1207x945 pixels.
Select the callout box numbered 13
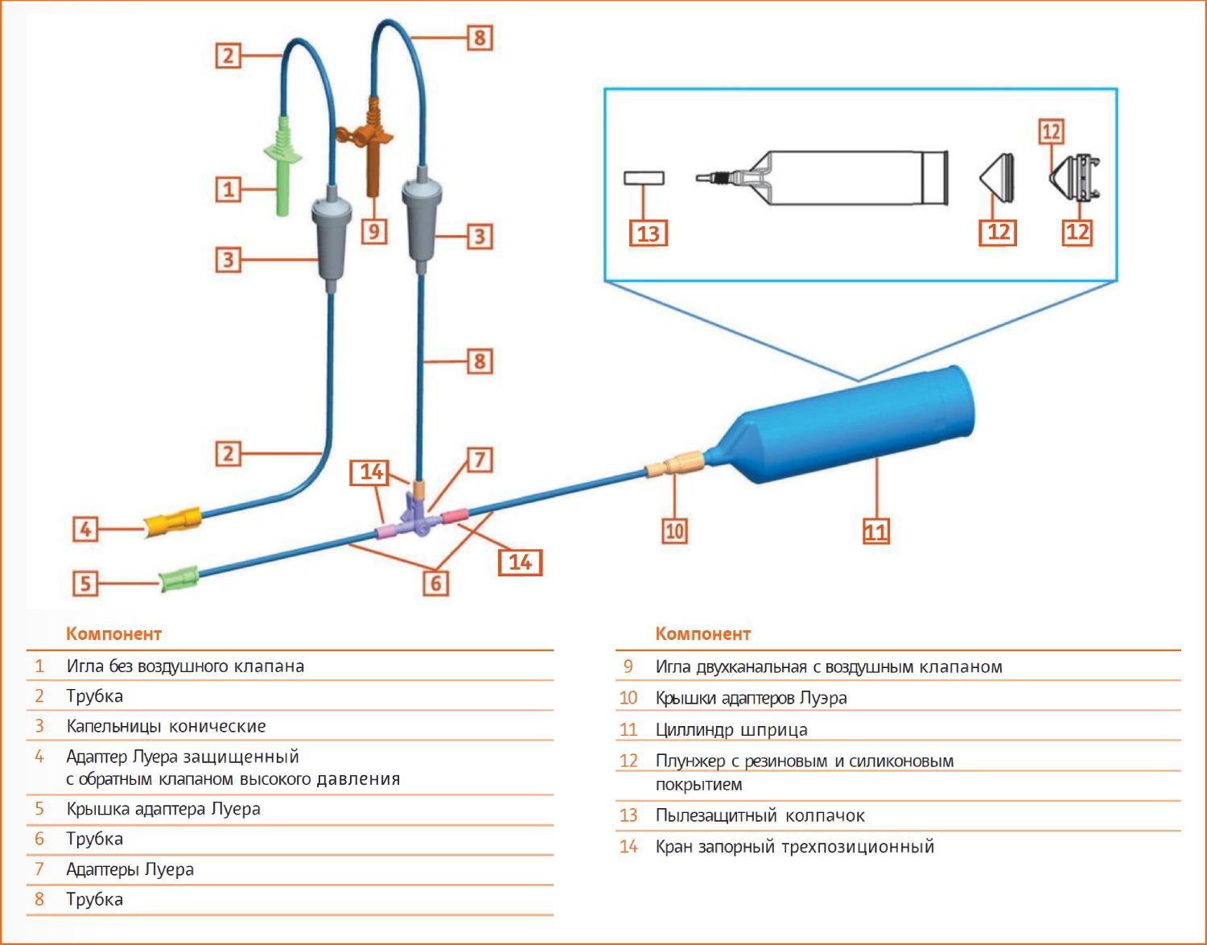[x=648, y=233]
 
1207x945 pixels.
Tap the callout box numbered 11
[x=876, y=531]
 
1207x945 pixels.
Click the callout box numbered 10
[x=674, y=531]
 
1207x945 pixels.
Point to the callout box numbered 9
[x=374, y=231]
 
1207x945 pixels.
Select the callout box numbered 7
[x=480, y=460]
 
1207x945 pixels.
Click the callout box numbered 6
[x=435, y=584]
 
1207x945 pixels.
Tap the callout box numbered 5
[x=85, y=584]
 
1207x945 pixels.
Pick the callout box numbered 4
[x=85, y=528]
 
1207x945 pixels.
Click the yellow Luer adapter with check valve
[x=173, y=522]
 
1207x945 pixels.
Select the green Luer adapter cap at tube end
[x=179, y=579]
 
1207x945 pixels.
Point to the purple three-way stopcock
[x=417, y=518]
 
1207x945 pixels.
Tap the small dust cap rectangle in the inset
[x=644, y=178]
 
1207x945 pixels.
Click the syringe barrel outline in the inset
[x=822, y=178]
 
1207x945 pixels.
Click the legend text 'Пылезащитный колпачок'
[x=760, y=815]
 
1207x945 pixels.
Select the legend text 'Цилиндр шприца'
[x=731, y=729]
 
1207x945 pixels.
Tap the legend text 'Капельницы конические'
[x=166, y=726]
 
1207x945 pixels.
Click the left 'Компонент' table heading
[x=114, y=633]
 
